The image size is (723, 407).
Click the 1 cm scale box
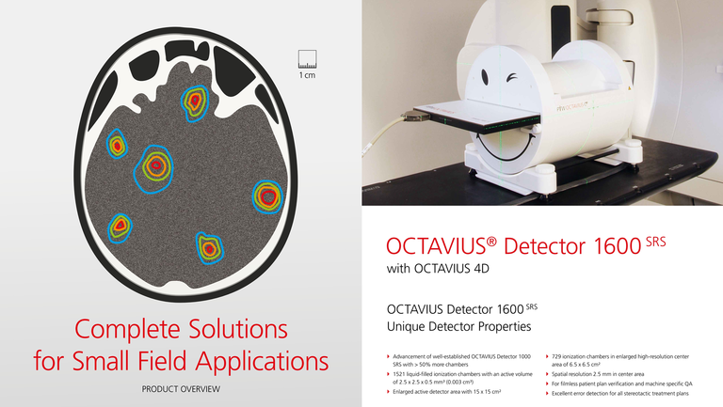pos(307,59)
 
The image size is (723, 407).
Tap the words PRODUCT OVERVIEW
pos(181,389)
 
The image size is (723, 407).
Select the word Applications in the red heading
pos(262,362)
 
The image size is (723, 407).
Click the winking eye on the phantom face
pos(512,78)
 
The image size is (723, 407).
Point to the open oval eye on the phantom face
pos(485,77)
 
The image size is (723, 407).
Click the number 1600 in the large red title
pos(618,246)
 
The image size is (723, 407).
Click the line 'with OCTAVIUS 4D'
pos(438,269)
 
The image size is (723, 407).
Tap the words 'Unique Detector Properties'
pos(458,326)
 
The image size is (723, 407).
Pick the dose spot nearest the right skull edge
pos(267,196)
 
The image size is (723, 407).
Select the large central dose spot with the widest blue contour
pos(153,168)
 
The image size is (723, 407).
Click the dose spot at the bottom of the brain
pos(210,248)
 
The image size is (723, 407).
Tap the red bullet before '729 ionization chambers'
pos(547,356)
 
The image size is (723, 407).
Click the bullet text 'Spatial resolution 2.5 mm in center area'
pos(598,374)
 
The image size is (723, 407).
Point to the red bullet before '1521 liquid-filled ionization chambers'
pos(388,374)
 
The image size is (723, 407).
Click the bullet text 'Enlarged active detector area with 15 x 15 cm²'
pos(447,392)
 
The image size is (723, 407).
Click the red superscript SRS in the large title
pos(655,242)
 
